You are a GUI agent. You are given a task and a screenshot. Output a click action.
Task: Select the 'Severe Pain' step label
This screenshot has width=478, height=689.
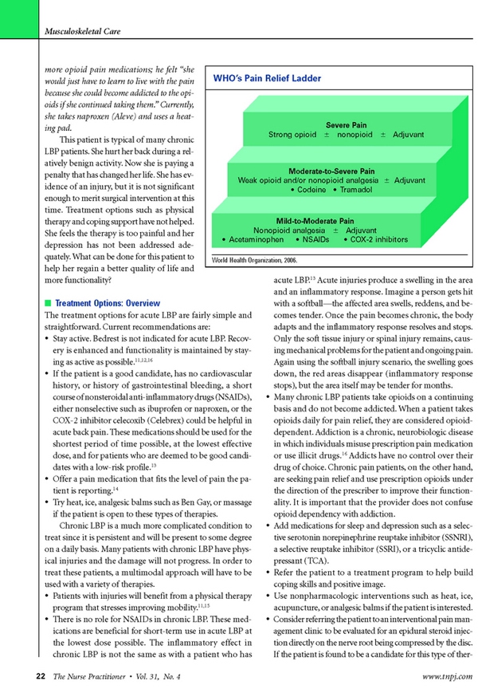346,125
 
